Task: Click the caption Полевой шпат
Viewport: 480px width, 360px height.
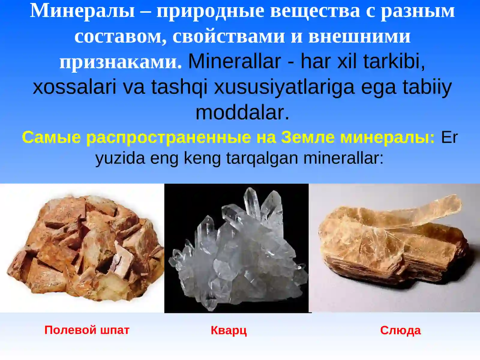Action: (87, 330)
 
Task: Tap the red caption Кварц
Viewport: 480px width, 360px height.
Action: (229, 330)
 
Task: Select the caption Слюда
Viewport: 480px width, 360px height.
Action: (400, 330)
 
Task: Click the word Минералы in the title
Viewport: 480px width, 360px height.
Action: (82, 11)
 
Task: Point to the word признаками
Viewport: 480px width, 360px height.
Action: (120, 62)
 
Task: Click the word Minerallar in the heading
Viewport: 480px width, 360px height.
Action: (234, 61)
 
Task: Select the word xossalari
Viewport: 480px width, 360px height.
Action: (74, 87)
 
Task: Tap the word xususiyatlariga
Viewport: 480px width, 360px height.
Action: (284, 87)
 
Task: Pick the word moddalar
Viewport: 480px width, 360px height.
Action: (242, 113)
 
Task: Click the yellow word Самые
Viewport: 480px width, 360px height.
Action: (51, 137)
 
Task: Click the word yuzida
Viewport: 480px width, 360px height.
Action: (120, 158)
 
